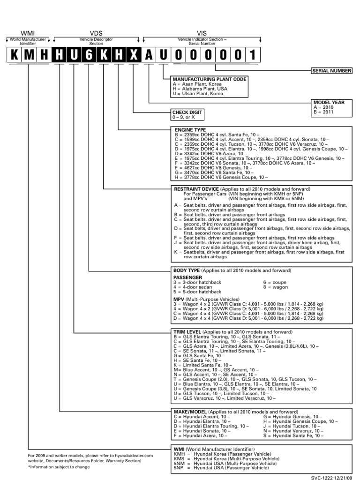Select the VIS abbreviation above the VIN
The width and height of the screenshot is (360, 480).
click(x=202, y=33)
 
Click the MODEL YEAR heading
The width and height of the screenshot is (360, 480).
click(x=328, y=102)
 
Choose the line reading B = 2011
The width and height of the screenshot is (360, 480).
click(x=324, y=112)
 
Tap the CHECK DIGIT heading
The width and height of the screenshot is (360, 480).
click(x=189, y=112)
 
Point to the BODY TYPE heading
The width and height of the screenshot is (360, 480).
click(x=187, y=271)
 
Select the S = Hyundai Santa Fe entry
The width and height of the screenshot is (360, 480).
click(x=293, y=435)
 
